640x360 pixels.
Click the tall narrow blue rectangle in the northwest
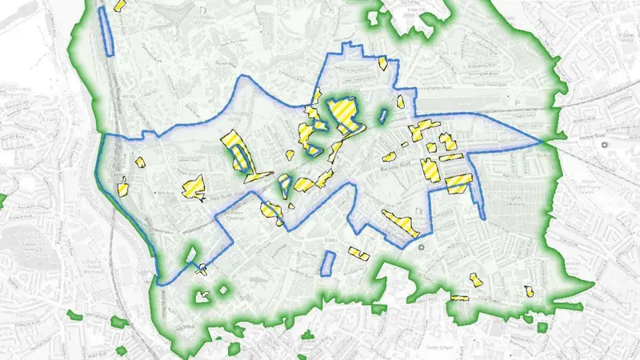[x=106, y=31]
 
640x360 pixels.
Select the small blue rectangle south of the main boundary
[x=327, y=264]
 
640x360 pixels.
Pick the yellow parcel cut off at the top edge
[x=121, y=4]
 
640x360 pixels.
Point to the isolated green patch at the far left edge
[x=2, y=197]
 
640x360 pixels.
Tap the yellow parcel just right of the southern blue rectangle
[x=358, y=255]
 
